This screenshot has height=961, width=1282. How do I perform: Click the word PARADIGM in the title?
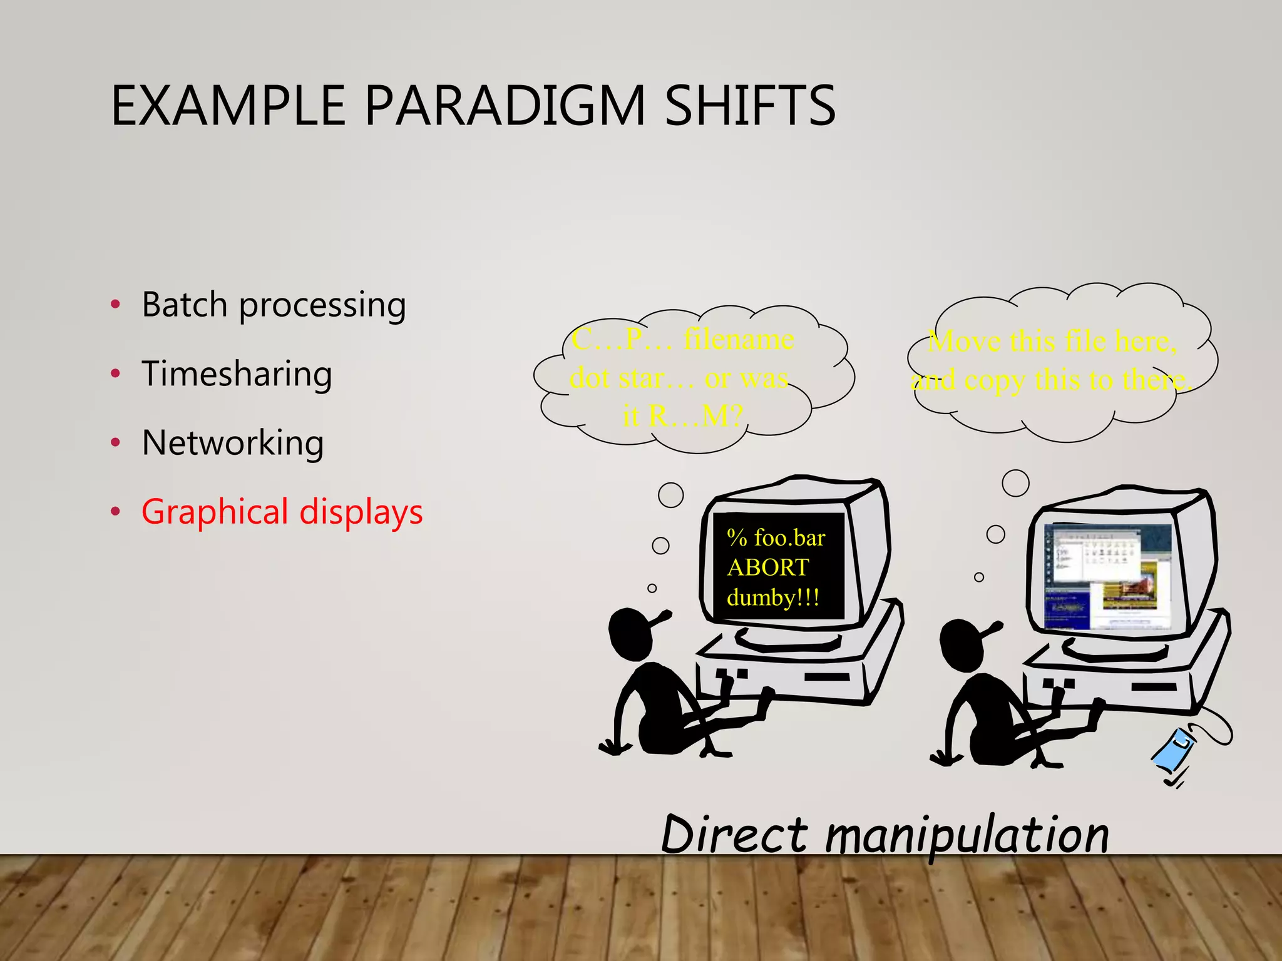(x=504, y=106)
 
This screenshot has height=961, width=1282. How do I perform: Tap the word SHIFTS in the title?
(x=749, y=106)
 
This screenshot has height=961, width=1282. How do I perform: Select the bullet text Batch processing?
(x=274, y=305)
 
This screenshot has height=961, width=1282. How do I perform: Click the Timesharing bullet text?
(x=237, y=374)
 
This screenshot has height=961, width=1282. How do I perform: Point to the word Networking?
(x=233, y=443)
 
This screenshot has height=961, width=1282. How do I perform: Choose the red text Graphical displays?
(x=282, y=512)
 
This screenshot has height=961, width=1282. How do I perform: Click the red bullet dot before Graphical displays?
(x=115, y=512)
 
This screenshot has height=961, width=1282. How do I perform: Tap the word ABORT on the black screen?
(x=767, y=567)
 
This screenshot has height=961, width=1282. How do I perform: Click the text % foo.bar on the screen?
(x=776, y=538)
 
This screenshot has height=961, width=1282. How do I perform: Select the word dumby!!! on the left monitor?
(x=772, y=597)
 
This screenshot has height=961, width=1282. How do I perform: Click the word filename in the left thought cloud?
(x=739, y=340)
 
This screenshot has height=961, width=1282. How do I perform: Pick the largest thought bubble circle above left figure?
(x=670, y=495)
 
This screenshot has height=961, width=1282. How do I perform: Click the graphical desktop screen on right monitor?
(x=1107, y=576)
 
